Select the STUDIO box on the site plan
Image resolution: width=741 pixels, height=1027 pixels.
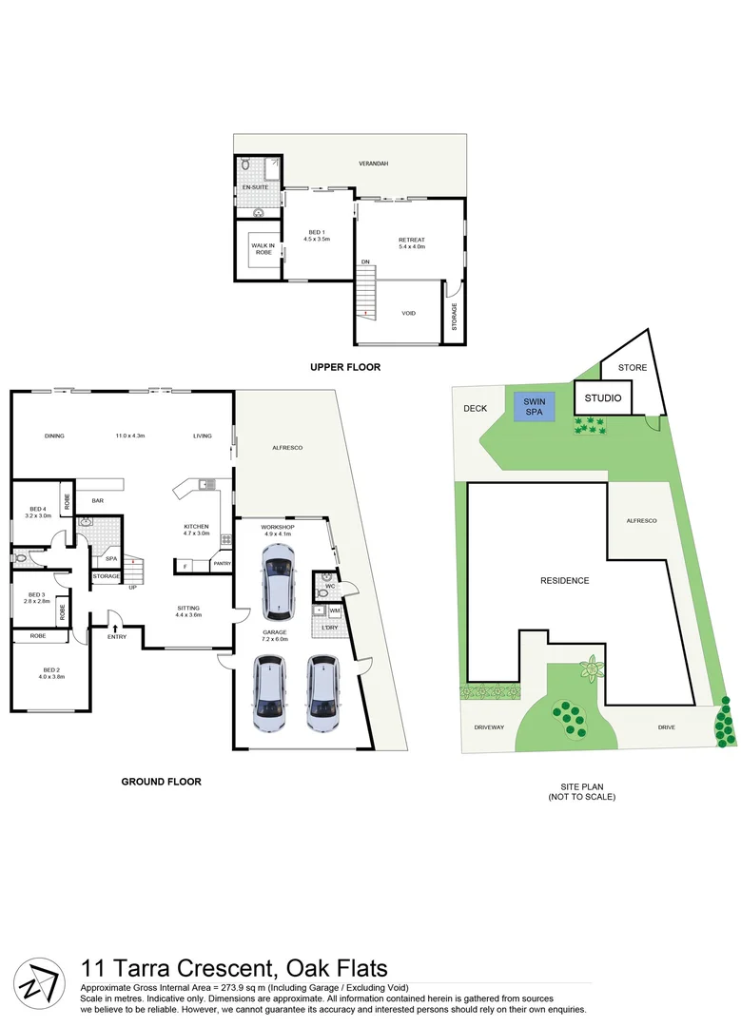click(601, 398)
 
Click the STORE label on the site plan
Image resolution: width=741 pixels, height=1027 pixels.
click(632, 367)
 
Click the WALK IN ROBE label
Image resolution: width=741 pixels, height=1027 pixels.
click(263, 248)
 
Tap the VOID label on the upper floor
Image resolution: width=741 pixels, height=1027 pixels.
click(409, 312)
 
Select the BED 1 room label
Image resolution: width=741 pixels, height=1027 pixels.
click(317, 235)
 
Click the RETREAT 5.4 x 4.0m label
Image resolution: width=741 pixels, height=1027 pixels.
click(411, 242)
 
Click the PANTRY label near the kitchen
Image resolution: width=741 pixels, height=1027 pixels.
click(222, 564)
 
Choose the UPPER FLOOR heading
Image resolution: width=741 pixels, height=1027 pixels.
click(344, 366)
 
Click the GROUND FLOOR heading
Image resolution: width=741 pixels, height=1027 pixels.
click(161, 782)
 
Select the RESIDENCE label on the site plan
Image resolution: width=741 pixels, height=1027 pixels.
click(564, 581)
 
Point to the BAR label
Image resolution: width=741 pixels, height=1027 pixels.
click(97, 500)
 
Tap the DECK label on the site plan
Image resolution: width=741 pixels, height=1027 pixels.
click(474, 409)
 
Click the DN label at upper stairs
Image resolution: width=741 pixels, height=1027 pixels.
click(364, 262)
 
